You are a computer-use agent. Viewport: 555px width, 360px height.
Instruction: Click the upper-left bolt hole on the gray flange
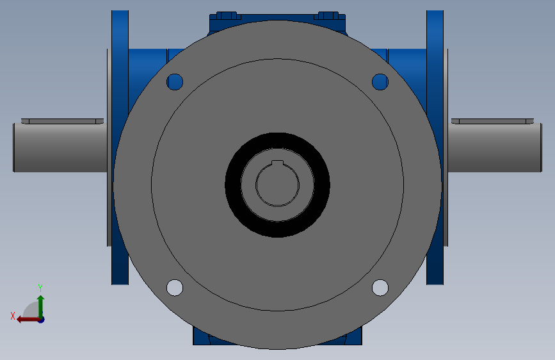[175, 81]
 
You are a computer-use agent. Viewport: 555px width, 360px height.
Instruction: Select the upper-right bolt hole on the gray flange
[380, 81]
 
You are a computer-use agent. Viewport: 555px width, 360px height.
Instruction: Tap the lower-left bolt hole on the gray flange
[175, 288]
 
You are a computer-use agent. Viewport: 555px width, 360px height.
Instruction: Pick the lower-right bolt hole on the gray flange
[380, 288]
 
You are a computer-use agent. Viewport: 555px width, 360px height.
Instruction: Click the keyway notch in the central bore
[277, 163]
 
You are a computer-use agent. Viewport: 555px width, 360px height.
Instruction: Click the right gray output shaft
[497, 148]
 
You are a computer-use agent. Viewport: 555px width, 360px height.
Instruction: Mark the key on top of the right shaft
[493, 120]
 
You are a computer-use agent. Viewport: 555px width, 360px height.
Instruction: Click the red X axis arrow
[26, 319]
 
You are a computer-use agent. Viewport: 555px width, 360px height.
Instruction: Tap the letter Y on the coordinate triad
[40, 288]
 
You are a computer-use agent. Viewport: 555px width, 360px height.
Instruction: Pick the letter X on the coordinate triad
[12, 316]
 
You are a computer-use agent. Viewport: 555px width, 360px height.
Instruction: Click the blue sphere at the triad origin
[41, 319]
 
